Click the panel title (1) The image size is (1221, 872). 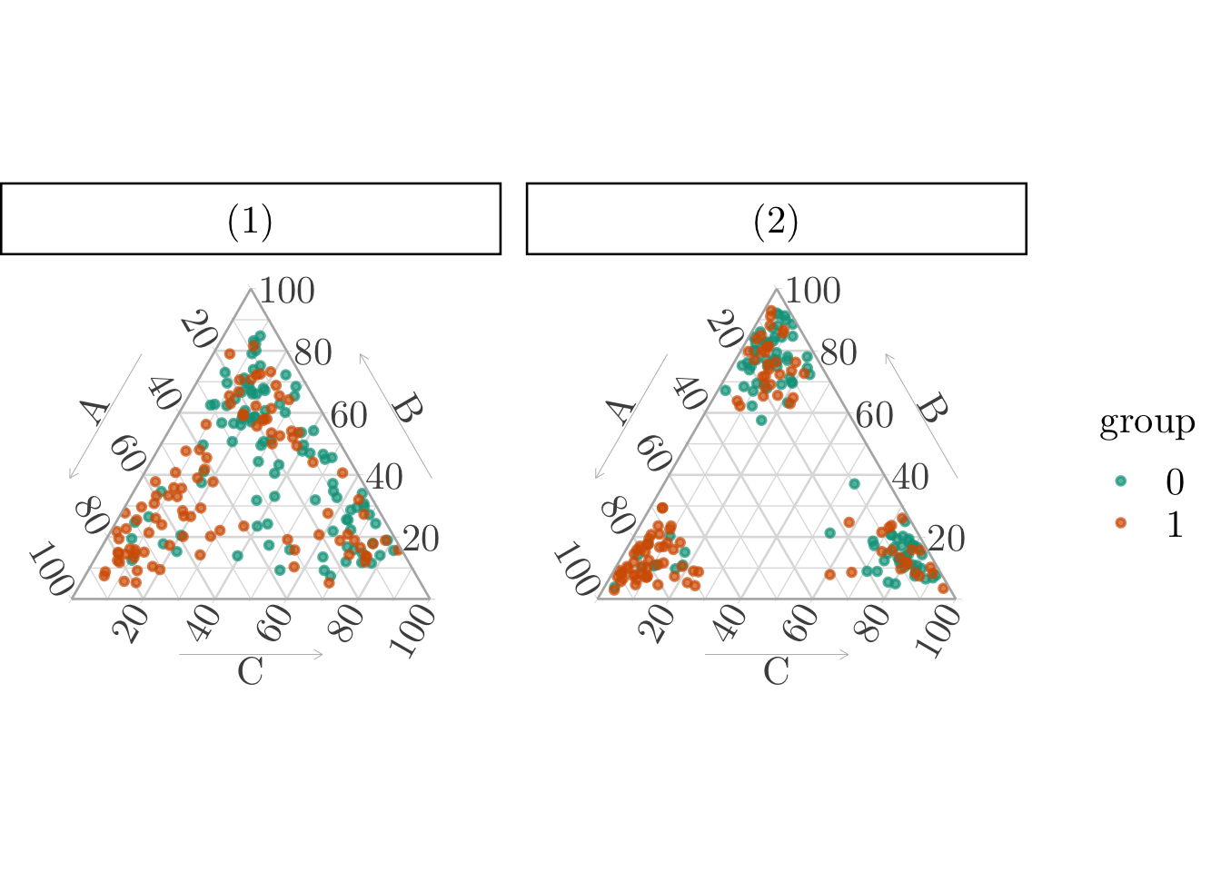[250, 221]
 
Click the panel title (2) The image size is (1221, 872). [776, 221]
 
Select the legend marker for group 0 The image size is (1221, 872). [1120, 481]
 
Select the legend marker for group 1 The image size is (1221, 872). [1120, 523]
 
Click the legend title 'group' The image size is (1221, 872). [1147, 422]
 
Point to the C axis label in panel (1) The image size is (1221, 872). [250, 672]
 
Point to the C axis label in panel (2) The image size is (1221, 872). [776, 672]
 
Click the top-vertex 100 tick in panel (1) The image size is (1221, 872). [287, 292]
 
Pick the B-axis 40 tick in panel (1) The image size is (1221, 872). [383, 477]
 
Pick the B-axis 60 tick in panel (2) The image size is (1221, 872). [874, 415]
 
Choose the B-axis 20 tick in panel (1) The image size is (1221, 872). [420, 539]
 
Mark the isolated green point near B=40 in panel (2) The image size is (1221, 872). [854, 484]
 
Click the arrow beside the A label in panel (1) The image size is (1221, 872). [106, 416]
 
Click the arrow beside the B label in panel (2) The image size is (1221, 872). [921, 415]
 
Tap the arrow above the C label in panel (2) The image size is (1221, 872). [777, 654]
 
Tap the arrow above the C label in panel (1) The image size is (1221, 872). [251, 654]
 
